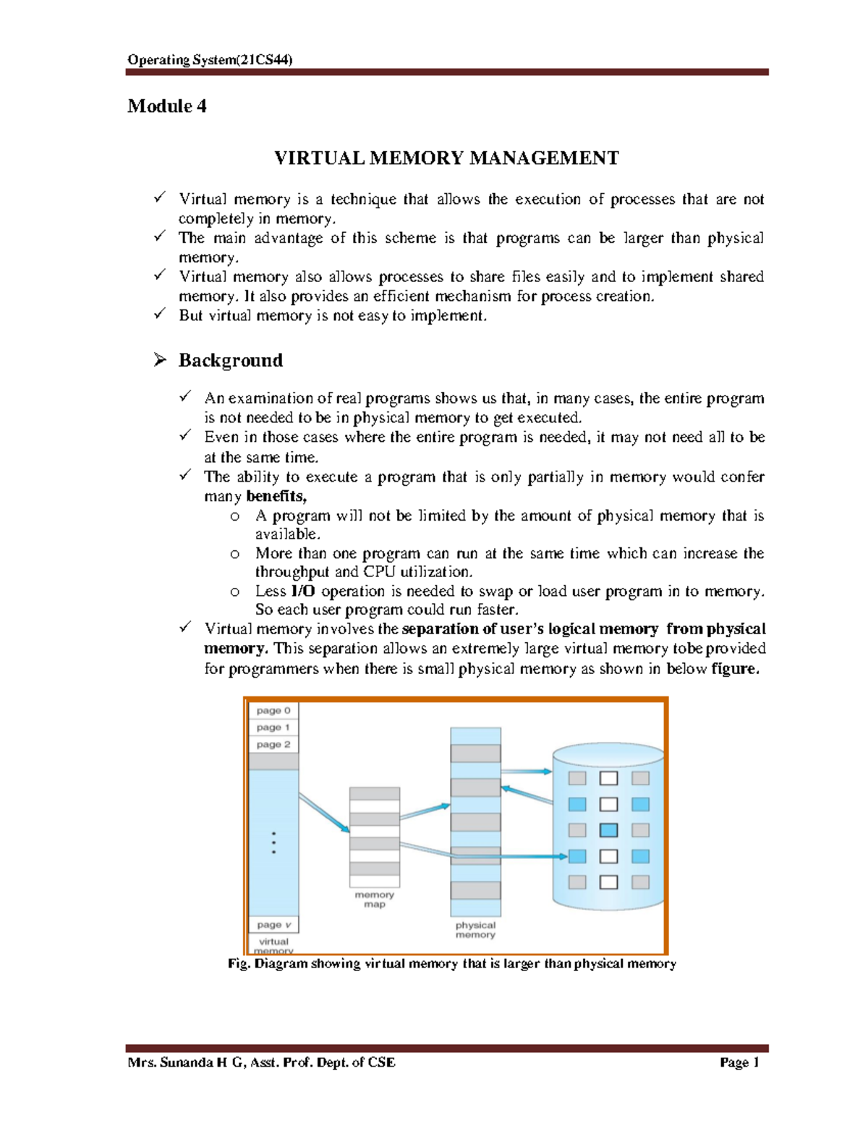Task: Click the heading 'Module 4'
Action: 167,106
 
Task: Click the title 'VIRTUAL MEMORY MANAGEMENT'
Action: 446,158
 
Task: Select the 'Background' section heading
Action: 230,360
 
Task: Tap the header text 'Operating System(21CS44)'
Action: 210,60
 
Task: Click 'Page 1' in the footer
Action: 739,1062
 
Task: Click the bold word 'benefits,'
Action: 276,496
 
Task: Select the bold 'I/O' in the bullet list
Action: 302,592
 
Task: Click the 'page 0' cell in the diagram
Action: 273,711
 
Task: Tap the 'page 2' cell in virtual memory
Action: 273,744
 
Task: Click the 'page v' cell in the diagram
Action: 273,925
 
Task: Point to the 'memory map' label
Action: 374,900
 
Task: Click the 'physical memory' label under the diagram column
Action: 475,930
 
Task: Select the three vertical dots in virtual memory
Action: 273,843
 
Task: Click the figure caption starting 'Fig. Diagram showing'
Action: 451,964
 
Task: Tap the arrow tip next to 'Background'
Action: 160,359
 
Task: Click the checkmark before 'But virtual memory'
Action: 160,314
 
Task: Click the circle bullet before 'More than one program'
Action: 234,554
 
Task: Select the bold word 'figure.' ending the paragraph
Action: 735,669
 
